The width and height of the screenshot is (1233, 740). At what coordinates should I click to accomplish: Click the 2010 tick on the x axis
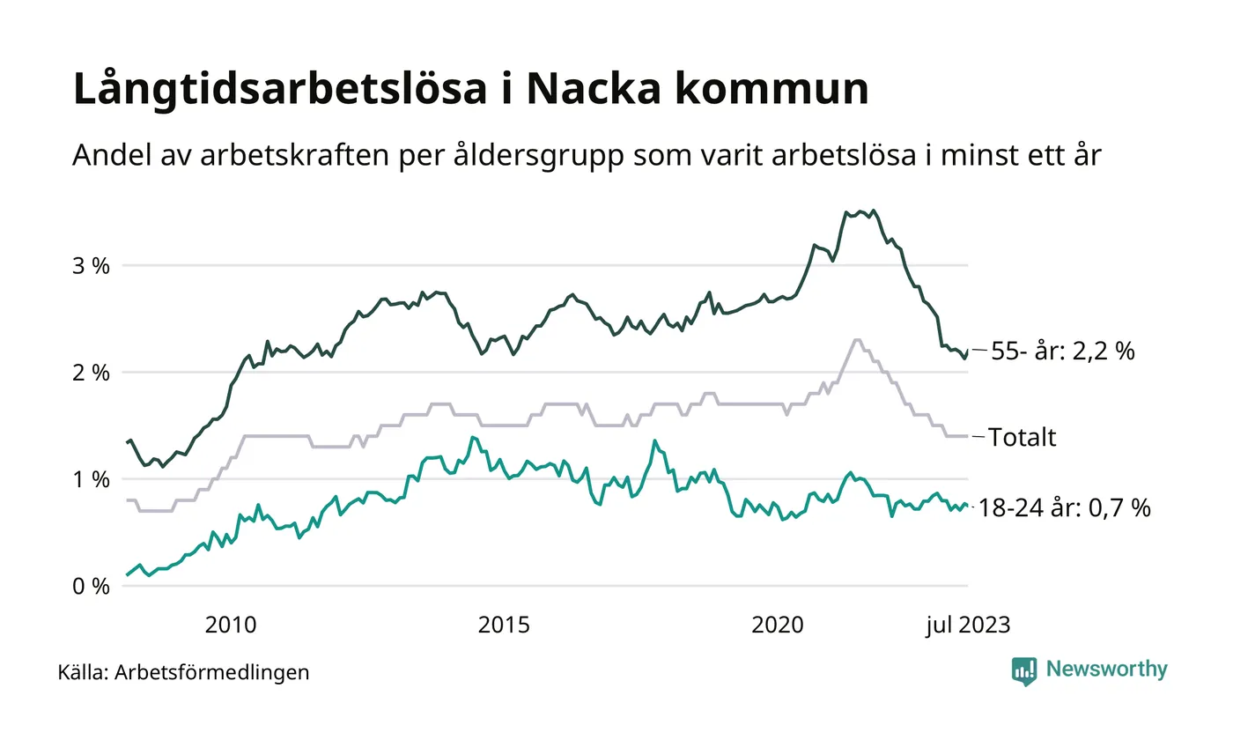231,625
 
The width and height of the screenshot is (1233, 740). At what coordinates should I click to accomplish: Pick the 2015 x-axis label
504,625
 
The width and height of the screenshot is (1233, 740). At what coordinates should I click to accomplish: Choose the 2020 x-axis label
778,625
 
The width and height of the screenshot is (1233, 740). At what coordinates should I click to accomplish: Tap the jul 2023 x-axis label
967,625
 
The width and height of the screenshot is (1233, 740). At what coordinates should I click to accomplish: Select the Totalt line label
1022,437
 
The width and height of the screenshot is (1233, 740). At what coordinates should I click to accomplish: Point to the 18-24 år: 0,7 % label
1065,508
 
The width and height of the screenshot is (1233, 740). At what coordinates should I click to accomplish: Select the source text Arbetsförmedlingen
212,673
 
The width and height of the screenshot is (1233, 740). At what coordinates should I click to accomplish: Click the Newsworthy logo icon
1024,670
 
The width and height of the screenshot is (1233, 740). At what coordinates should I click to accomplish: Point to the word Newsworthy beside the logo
1106,670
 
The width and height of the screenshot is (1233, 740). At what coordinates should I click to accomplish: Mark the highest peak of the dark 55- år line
873,211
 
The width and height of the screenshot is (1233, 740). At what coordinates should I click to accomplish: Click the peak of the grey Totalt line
856,340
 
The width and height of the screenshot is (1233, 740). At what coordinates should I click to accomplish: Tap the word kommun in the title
775,90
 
